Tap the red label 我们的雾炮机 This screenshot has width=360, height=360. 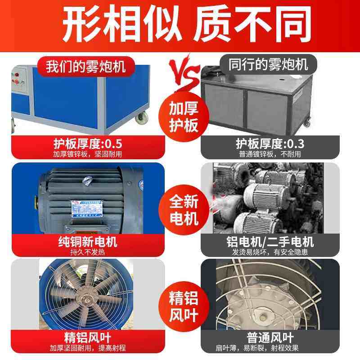click(x=85, y=66)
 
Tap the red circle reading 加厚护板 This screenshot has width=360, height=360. click(x=184, y=116)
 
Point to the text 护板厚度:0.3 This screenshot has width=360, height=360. click(x=270, y=144)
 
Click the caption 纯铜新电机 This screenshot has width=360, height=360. click(x=87, y=242)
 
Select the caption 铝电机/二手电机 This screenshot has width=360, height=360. click(x=270, y=242)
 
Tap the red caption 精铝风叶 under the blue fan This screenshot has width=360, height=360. click(x=87, y=337)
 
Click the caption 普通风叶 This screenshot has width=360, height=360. click(x=270, y=337)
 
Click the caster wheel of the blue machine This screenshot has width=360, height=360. click(x=143, y=118)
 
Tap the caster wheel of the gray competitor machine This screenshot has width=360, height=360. click(x=307, y=122)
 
